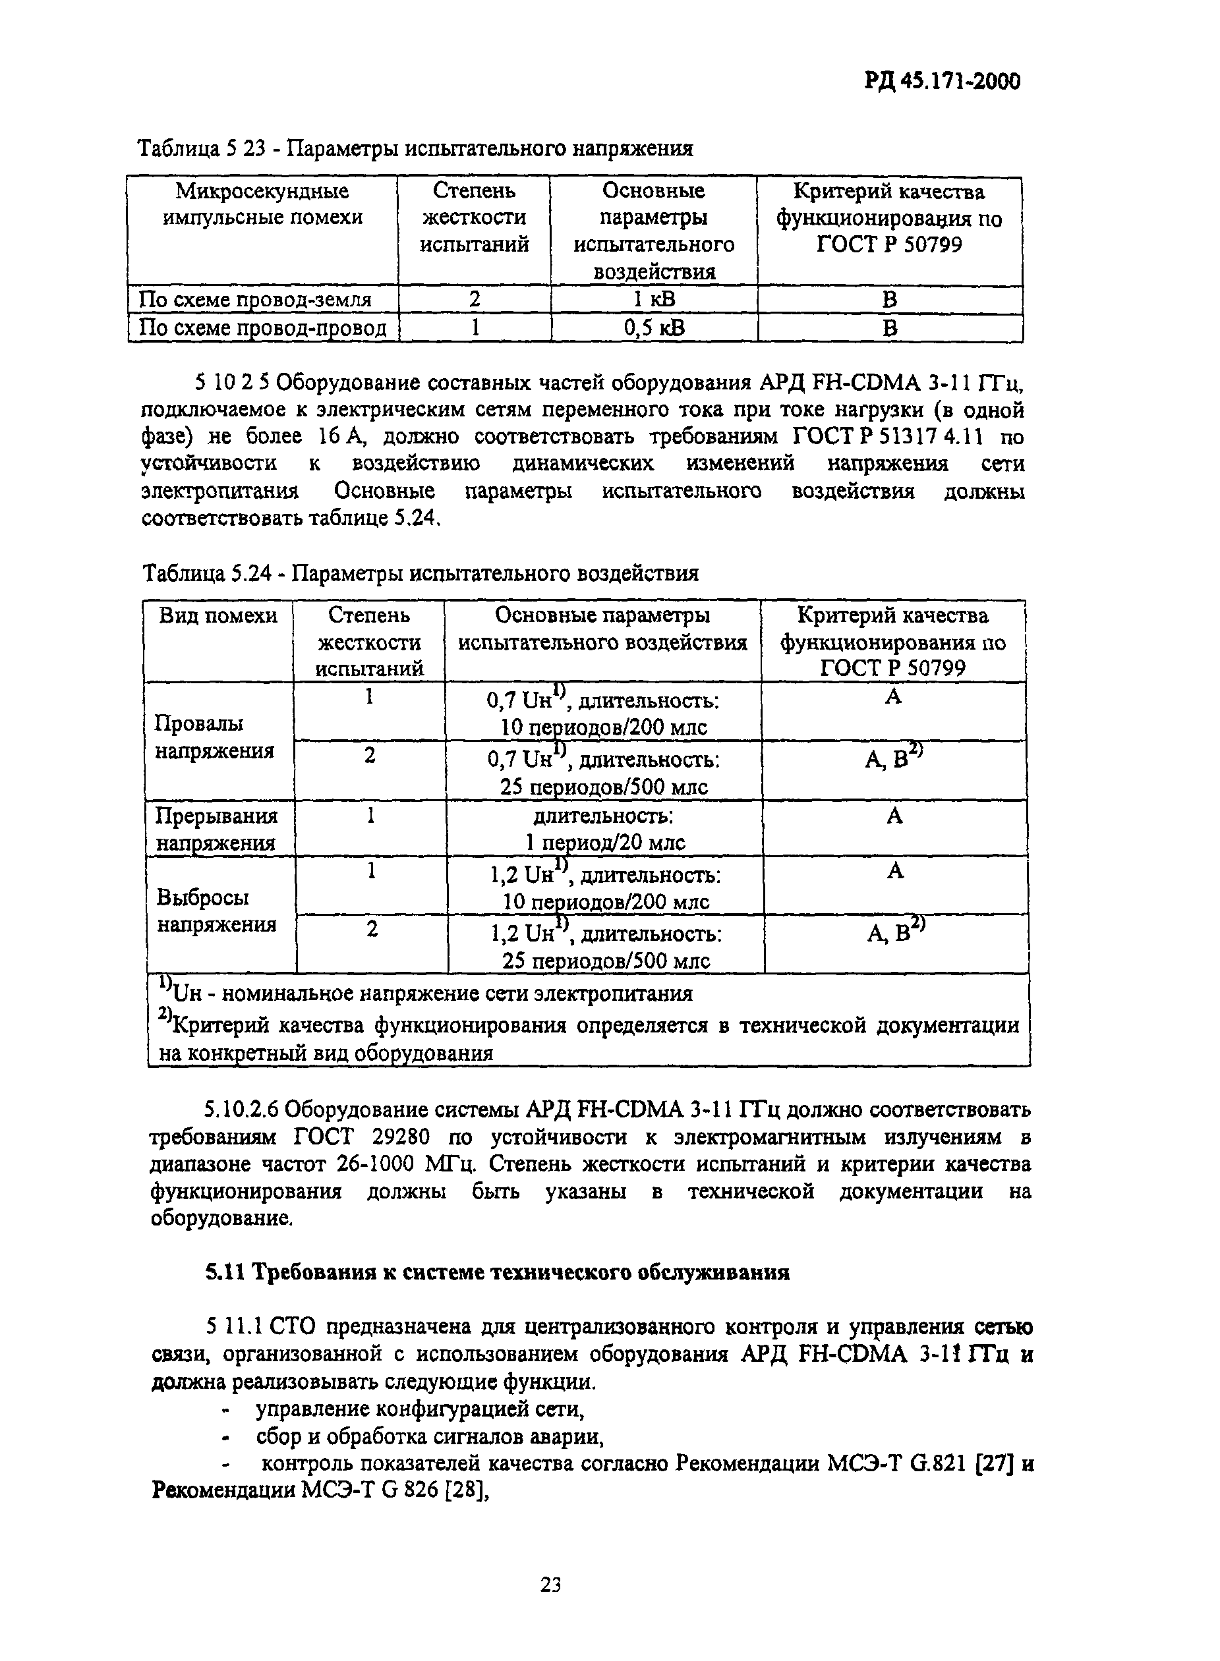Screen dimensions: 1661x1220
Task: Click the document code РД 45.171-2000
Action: tap(942, 80)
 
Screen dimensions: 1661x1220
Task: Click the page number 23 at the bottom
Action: tap(550, 1583)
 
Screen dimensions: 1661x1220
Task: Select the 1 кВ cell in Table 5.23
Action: tap(654, 299)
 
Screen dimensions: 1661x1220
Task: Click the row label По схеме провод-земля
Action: tap(255, 299)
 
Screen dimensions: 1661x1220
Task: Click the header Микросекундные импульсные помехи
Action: tap(262, 204)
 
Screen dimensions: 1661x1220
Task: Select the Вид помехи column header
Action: tap(219, 615)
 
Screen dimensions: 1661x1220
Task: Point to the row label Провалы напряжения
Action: tap(214, 737)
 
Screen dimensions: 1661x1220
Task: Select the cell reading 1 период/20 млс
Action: tap(604, 842)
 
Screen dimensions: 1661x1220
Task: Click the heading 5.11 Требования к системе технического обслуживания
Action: tap(496, 1272)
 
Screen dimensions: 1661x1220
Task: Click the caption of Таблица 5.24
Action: tap(419, 573)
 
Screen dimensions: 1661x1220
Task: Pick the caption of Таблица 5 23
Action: tap(416, 149)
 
